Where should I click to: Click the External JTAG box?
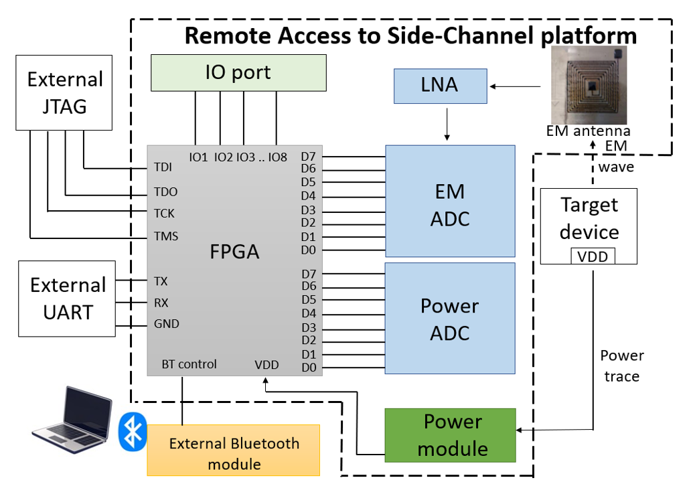(x=64, y=92)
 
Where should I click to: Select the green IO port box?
(x=238, y=72)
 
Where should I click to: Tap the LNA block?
(x=440, y=86)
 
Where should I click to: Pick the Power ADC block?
(x=450, y=318)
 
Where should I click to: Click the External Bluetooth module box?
(x=234, y=453)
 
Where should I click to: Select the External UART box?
(x=68, y=299)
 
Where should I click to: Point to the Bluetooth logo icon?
(x=132, y=431)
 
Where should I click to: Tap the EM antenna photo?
(x=587, y=84)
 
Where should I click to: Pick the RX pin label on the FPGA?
(x=161, y=302)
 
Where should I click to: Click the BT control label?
(x=189, y=364)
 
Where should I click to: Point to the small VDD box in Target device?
(x=593, y=256)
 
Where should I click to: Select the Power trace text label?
(x=621, y=366)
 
